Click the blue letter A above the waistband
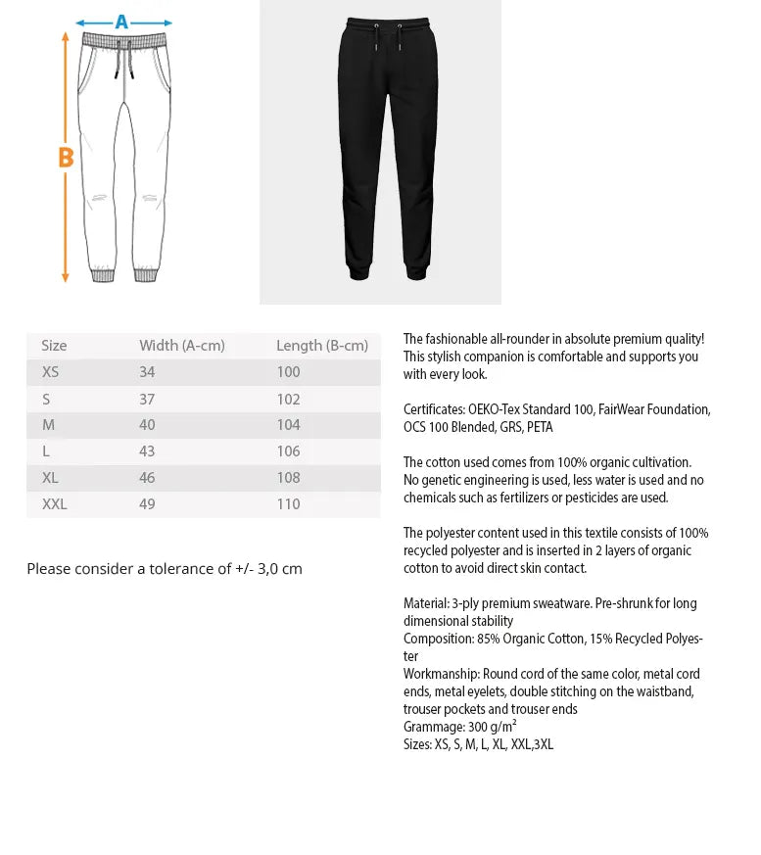tap(121, 22)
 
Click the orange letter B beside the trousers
tap(66, 157)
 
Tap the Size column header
tap(54, 346)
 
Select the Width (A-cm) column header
tap(181, 346)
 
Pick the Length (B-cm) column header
tap(321, 346)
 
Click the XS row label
tap(50, 372)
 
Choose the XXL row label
tap(55, 504)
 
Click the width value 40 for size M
tap(147, 425)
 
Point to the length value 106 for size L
tap(288, 451)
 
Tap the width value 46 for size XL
tap(147, 478)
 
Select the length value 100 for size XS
tap(288, 372)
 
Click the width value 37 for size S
tap(147, 400)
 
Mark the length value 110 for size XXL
tap(288, 504)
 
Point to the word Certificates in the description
tap(433, 409)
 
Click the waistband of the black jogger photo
tap(387, 24)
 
